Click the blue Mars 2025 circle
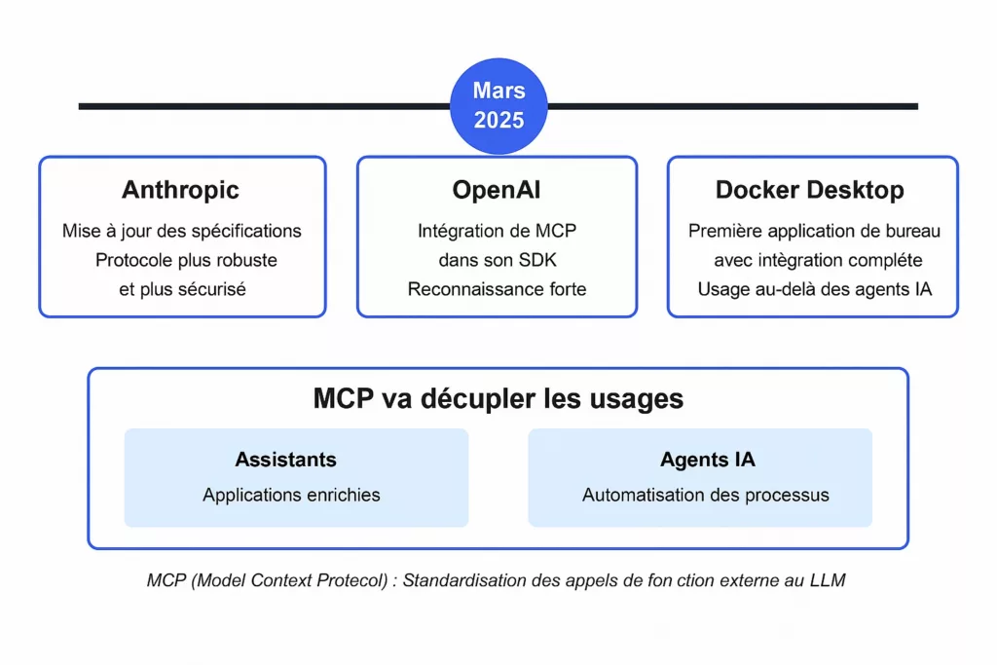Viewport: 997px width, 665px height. click(x=498, y=106)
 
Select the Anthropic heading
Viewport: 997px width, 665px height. click(x=180, y=190)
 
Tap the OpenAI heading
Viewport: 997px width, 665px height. click(x=497, y=190)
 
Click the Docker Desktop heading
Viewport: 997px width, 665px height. click(x=809, y=190)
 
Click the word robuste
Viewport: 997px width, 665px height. click(x=246, y=260)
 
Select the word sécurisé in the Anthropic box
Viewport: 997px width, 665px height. click(x=211, y=289)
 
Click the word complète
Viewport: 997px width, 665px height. click(x=885, y=260)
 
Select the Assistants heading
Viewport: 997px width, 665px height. click(x=285, y=459)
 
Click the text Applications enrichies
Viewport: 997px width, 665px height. click(x=291, y=495)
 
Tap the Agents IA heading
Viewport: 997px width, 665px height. click(x=707, y=459)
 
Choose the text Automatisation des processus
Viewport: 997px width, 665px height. click(x=706, y=495)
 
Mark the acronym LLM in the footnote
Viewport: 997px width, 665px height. click(x=828, y=580)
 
